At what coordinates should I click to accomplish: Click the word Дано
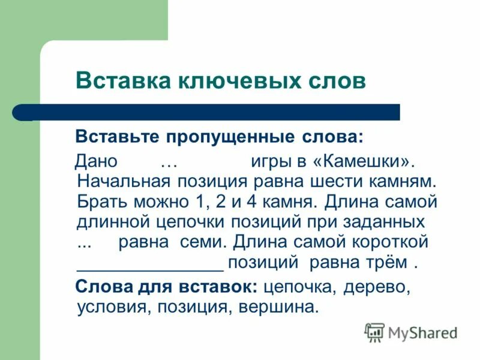click(x=96, y=161)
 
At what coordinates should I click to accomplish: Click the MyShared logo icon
click(x=374, y=332)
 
